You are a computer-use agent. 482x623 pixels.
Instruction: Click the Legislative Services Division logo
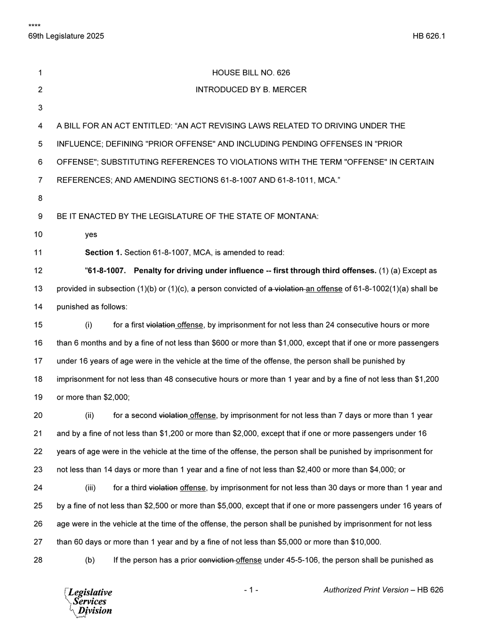click(88, 601)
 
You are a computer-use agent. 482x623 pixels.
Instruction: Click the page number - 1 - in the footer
click(251, 590)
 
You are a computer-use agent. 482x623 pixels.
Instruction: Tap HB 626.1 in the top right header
click(429, 36)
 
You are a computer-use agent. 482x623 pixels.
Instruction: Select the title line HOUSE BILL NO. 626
click(251, 72)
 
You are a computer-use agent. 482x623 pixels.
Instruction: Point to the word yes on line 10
click(91, 234)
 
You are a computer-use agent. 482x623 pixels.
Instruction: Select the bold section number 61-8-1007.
click(107, 270)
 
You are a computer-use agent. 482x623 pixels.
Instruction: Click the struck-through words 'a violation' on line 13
click(286, 289)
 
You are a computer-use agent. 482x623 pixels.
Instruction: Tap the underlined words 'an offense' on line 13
click(324, 289)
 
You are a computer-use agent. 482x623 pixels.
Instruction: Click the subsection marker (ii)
click(89, 415)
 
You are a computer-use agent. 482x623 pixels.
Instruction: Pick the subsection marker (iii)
click(90, 488)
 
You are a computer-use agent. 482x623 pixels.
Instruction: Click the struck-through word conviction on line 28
click(217, 560)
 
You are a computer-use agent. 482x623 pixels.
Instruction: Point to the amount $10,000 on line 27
click(365, 542)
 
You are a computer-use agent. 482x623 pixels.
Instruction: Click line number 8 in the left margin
click(40, 198)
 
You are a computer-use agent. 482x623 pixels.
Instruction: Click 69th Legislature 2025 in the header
click(66, 36)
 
